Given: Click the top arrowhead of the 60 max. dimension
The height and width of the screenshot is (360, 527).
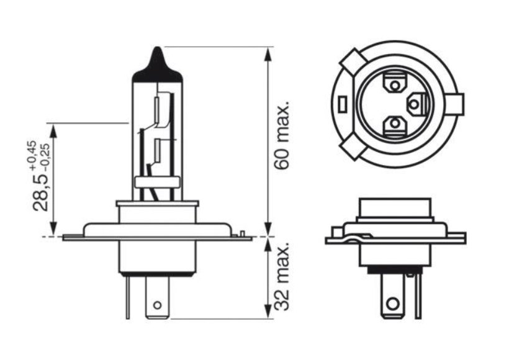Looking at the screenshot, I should click(x=268, y=53).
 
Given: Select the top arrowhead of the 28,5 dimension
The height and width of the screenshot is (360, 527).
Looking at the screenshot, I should click(x=53, y=130).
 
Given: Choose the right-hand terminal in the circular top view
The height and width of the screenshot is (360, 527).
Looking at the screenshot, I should click(x=415, y=103).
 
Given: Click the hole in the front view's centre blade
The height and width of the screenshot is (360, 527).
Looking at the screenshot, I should click(x=157, y=305).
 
